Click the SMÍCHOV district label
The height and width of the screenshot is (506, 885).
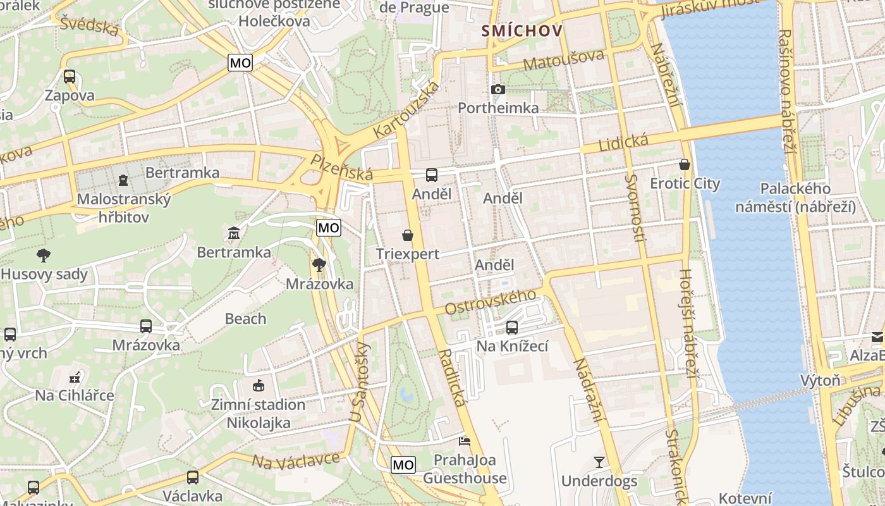[522, 30]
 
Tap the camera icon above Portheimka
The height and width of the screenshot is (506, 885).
[498, 90]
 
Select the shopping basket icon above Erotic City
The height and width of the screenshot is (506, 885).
[684, 165]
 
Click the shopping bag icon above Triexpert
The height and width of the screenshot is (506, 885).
[408, 235]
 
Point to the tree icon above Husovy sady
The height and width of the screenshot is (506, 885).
[44, 256]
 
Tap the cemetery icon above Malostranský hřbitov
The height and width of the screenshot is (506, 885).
[123, 181]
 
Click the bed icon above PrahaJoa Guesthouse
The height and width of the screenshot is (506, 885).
[465, 440]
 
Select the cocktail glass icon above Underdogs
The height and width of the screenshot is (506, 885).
[599, 462]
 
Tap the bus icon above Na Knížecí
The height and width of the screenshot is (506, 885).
[512, 328]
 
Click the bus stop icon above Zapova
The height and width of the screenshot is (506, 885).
[70, 77]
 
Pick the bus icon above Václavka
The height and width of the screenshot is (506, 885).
[193, 477]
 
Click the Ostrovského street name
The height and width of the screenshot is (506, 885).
[491, 302]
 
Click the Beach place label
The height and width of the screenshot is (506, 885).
[245, 319]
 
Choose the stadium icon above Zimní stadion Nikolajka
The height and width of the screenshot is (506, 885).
[258, 385]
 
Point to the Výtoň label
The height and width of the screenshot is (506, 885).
[820, 380]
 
